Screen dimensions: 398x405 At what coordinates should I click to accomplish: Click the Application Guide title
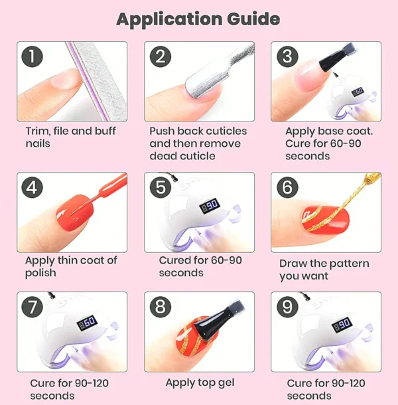[198, 19]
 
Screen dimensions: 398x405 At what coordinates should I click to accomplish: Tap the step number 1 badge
[33, 56]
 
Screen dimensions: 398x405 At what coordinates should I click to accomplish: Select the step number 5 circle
[161, 187]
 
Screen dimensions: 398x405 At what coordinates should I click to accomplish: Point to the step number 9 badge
[287, 307]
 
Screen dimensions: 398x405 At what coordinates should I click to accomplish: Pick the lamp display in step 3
[358, 92]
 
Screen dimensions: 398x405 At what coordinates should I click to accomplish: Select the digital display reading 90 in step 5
[210, 206]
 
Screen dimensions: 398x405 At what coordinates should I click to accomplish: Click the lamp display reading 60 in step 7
[87, 323]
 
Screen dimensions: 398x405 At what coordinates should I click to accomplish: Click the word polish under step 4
[40, 274]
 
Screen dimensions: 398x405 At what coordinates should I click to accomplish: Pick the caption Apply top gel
[200, 383]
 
